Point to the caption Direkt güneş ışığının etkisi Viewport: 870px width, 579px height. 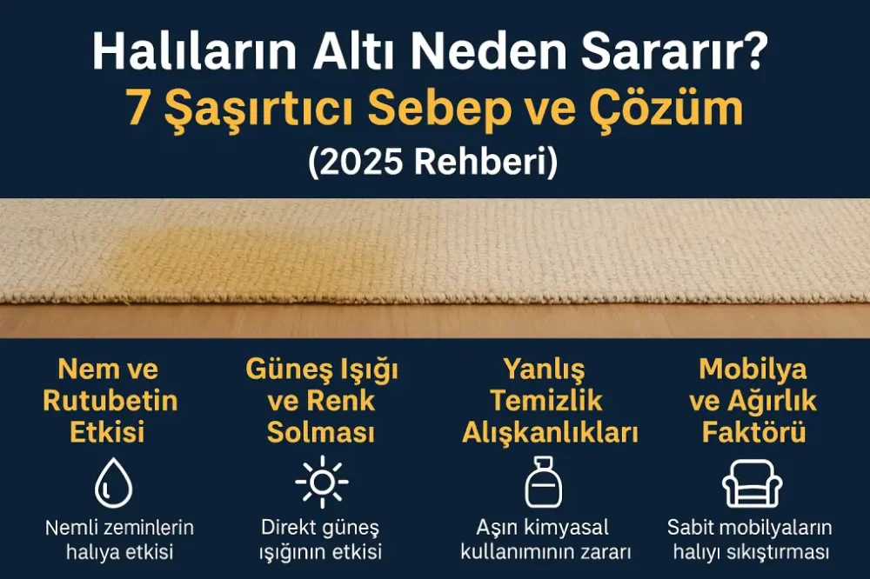(x=321, y=539)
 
